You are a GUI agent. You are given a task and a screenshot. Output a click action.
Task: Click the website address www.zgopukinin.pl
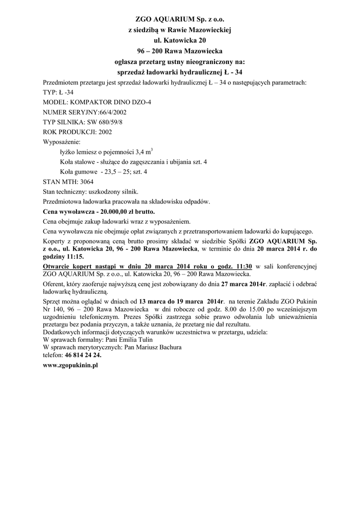tap(71, 365)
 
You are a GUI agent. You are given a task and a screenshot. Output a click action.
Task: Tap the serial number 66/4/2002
tap(99, 112)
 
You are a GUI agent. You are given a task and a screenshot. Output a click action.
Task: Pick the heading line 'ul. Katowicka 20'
tap(180, 40)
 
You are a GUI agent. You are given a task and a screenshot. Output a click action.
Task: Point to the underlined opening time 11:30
tap(242, 266)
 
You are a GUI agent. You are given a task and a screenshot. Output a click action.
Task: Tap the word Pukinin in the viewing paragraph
tap(306, 302)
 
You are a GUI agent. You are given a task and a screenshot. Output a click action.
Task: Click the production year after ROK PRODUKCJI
tap(105, 132)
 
